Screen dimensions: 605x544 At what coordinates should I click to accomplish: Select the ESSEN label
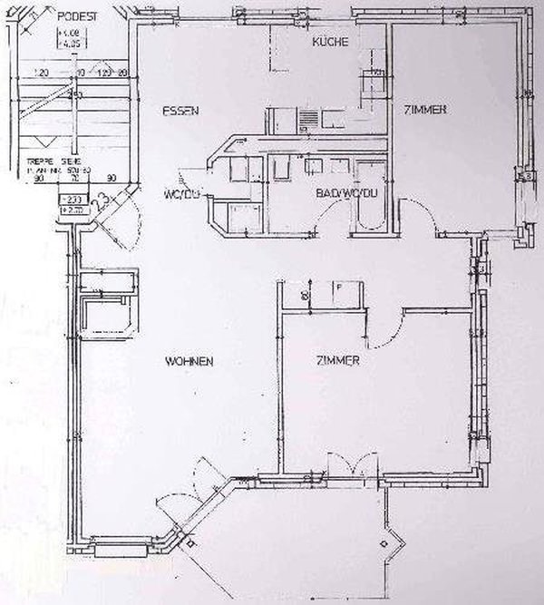(180, 111)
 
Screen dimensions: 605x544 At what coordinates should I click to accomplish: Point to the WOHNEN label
(189, 361)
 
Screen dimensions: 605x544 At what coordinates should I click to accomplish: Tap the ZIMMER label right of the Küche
(424, 110)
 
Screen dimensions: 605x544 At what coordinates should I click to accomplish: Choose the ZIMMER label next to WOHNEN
(338, 361)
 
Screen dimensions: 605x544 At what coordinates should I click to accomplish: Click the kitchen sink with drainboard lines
(307, 119)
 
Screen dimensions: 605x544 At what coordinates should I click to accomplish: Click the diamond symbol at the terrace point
(389, 542)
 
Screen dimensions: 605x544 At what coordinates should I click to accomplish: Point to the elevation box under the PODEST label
(69, 38)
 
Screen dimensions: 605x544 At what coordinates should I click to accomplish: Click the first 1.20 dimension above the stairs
(40, 72)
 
